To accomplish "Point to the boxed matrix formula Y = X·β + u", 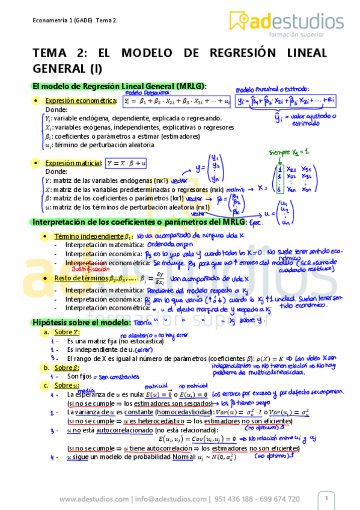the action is (127, 163).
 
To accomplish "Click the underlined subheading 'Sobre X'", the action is (66, 333).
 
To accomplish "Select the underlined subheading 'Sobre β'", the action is (66, 368).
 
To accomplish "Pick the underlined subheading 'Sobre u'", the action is (66, 386).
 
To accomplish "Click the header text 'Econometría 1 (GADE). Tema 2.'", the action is (75, 20).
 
